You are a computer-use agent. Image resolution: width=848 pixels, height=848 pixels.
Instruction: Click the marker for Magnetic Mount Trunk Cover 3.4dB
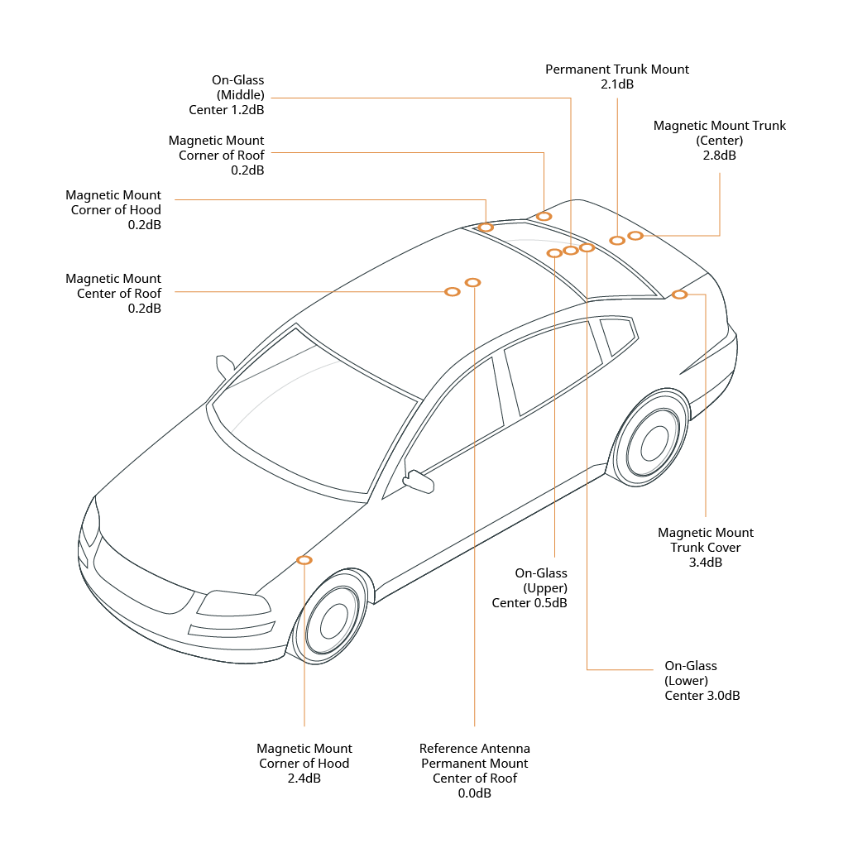click(x=679, y=295)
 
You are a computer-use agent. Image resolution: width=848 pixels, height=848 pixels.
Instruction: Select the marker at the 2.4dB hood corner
click(x=304, y=560)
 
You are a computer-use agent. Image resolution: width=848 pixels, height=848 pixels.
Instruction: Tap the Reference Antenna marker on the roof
click(x=473, y=283)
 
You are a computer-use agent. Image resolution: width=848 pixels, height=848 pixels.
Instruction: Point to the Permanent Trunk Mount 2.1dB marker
click(x=617, y=241)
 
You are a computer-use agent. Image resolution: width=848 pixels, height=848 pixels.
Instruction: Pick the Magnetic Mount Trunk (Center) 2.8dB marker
click(x=635, y=236)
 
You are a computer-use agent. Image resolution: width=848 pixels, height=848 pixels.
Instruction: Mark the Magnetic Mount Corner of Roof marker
click(x=544, y=217)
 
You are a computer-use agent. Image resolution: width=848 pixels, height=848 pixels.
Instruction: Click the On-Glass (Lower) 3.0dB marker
click(x=587, y=247)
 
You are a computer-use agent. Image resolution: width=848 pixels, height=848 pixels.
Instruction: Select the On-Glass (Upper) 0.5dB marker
click(x=554, y=253)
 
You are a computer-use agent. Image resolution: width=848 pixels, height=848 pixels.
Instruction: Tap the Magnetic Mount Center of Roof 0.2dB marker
click(x=453, y=292)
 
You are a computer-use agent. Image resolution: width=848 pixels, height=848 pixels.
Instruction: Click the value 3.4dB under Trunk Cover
click(x=705, y=563)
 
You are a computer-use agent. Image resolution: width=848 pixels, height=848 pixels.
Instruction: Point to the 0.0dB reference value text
click(x=474, y=793)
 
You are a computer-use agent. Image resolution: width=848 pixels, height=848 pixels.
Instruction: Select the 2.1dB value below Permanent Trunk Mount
click(x=617, y=84)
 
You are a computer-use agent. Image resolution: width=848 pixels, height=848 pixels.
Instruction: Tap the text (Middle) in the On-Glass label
click(x=240, y=95)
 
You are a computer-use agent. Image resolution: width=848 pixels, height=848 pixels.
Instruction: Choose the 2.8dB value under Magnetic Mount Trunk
click(x=719, y=156)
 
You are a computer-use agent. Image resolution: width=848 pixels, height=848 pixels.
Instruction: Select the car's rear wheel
click(x=653, y=442)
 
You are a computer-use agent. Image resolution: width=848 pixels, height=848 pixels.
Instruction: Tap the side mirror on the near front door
click(x=419, y=481)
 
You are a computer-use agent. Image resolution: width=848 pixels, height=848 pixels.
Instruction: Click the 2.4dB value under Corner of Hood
click(x=304, y=779)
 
